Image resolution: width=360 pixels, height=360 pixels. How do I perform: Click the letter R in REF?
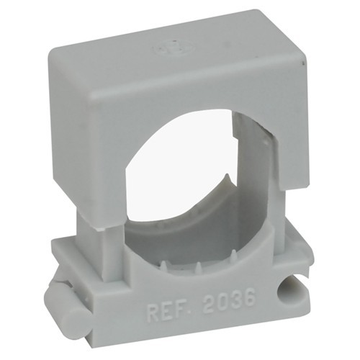153,313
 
